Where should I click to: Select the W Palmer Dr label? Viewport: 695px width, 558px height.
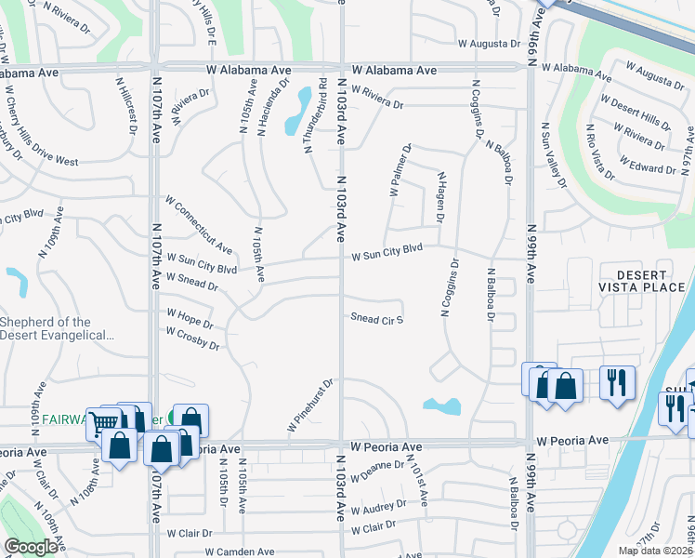(x=400, y=169)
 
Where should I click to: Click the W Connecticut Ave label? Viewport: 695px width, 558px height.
(x=198, y=224)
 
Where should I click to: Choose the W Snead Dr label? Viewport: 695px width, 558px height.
(x=191, y=282)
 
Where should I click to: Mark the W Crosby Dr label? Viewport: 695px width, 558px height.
(x=192, y=338)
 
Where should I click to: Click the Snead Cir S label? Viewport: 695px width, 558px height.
(x=376, y=318)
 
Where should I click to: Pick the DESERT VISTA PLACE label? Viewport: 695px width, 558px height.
(x=641, y=281)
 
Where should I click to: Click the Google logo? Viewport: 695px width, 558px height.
(x=30, y=547)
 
